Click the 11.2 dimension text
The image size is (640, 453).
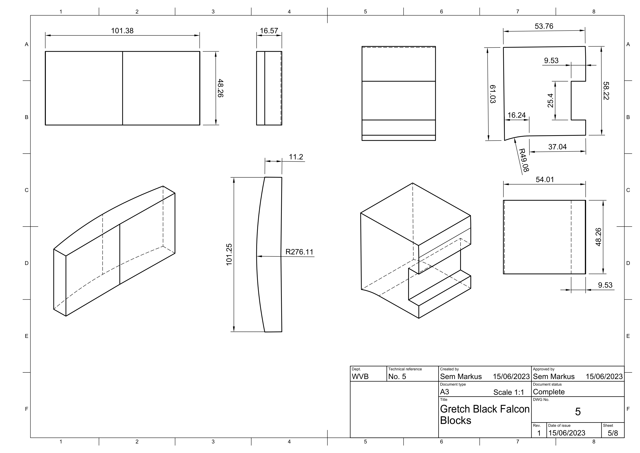point(296,157)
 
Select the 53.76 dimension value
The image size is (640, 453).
point(543,26)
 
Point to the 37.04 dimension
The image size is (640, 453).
point(557,147)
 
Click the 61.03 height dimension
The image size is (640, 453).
point(493,94)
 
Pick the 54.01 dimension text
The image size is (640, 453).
point(544,180)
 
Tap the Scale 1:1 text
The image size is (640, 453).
point(508,392)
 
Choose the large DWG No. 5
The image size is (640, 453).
point(578,412)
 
